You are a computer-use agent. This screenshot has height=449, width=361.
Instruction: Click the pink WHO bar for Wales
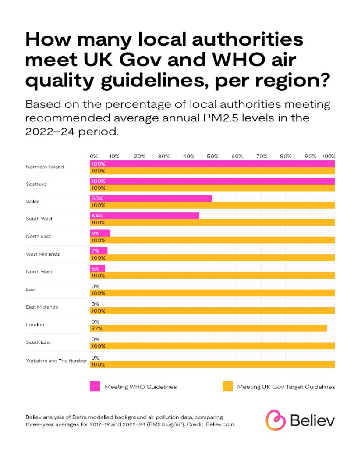(151, 198)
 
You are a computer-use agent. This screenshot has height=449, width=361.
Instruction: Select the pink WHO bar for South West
(145, 216)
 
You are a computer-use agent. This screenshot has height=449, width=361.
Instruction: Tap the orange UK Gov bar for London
(209, 328)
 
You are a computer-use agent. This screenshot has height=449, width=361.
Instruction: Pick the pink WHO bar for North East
(100, 233)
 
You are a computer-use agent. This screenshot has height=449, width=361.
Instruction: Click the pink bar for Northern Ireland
(212, 164)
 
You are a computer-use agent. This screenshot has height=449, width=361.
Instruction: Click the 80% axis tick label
(286, 156)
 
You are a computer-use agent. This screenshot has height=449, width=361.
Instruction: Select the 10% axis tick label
(114, 156)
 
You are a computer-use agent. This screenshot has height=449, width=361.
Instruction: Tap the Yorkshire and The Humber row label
(57, 361)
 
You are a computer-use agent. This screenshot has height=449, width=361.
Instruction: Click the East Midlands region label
(42, 307)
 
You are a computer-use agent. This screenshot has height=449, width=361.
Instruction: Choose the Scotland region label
(36, 184)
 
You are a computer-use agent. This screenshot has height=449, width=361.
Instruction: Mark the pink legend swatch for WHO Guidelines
(95, 386)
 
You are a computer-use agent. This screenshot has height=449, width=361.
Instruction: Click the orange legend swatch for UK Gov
(227, 386)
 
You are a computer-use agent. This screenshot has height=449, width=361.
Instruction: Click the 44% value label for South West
(97, 216)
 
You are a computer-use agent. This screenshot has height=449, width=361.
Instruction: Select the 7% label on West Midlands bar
(95, 251)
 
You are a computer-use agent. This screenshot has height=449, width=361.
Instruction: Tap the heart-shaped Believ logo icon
(276, 420)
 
